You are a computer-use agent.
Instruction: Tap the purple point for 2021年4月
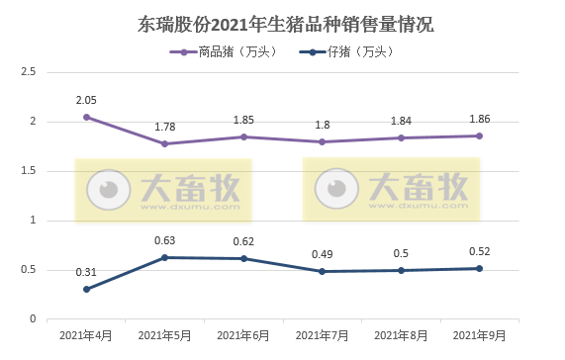(87, 117)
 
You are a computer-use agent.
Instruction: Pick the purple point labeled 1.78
(165, 143)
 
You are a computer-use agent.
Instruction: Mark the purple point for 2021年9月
(479, 135)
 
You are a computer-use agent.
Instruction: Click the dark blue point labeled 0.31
(87, 289)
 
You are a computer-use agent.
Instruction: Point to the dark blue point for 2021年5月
(165, 257)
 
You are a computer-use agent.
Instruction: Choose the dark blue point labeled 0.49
(323, 271)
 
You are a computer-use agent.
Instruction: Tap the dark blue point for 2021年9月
(479, 268)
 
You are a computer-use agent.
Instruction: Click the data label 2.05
(87, 100)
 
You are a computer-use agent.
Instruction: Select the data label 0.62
(243, 241)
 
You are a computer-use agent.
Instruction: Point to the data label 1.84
(401, 121)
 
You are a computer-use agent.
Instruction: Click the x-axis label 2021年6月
(243, 337)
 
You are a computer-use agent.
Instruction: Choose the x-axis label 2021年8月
(401, 337)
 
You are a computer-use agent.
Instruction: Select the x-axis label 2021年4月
(87, 337)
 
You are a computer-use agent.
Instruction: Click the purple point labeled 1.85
(243, 136)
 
